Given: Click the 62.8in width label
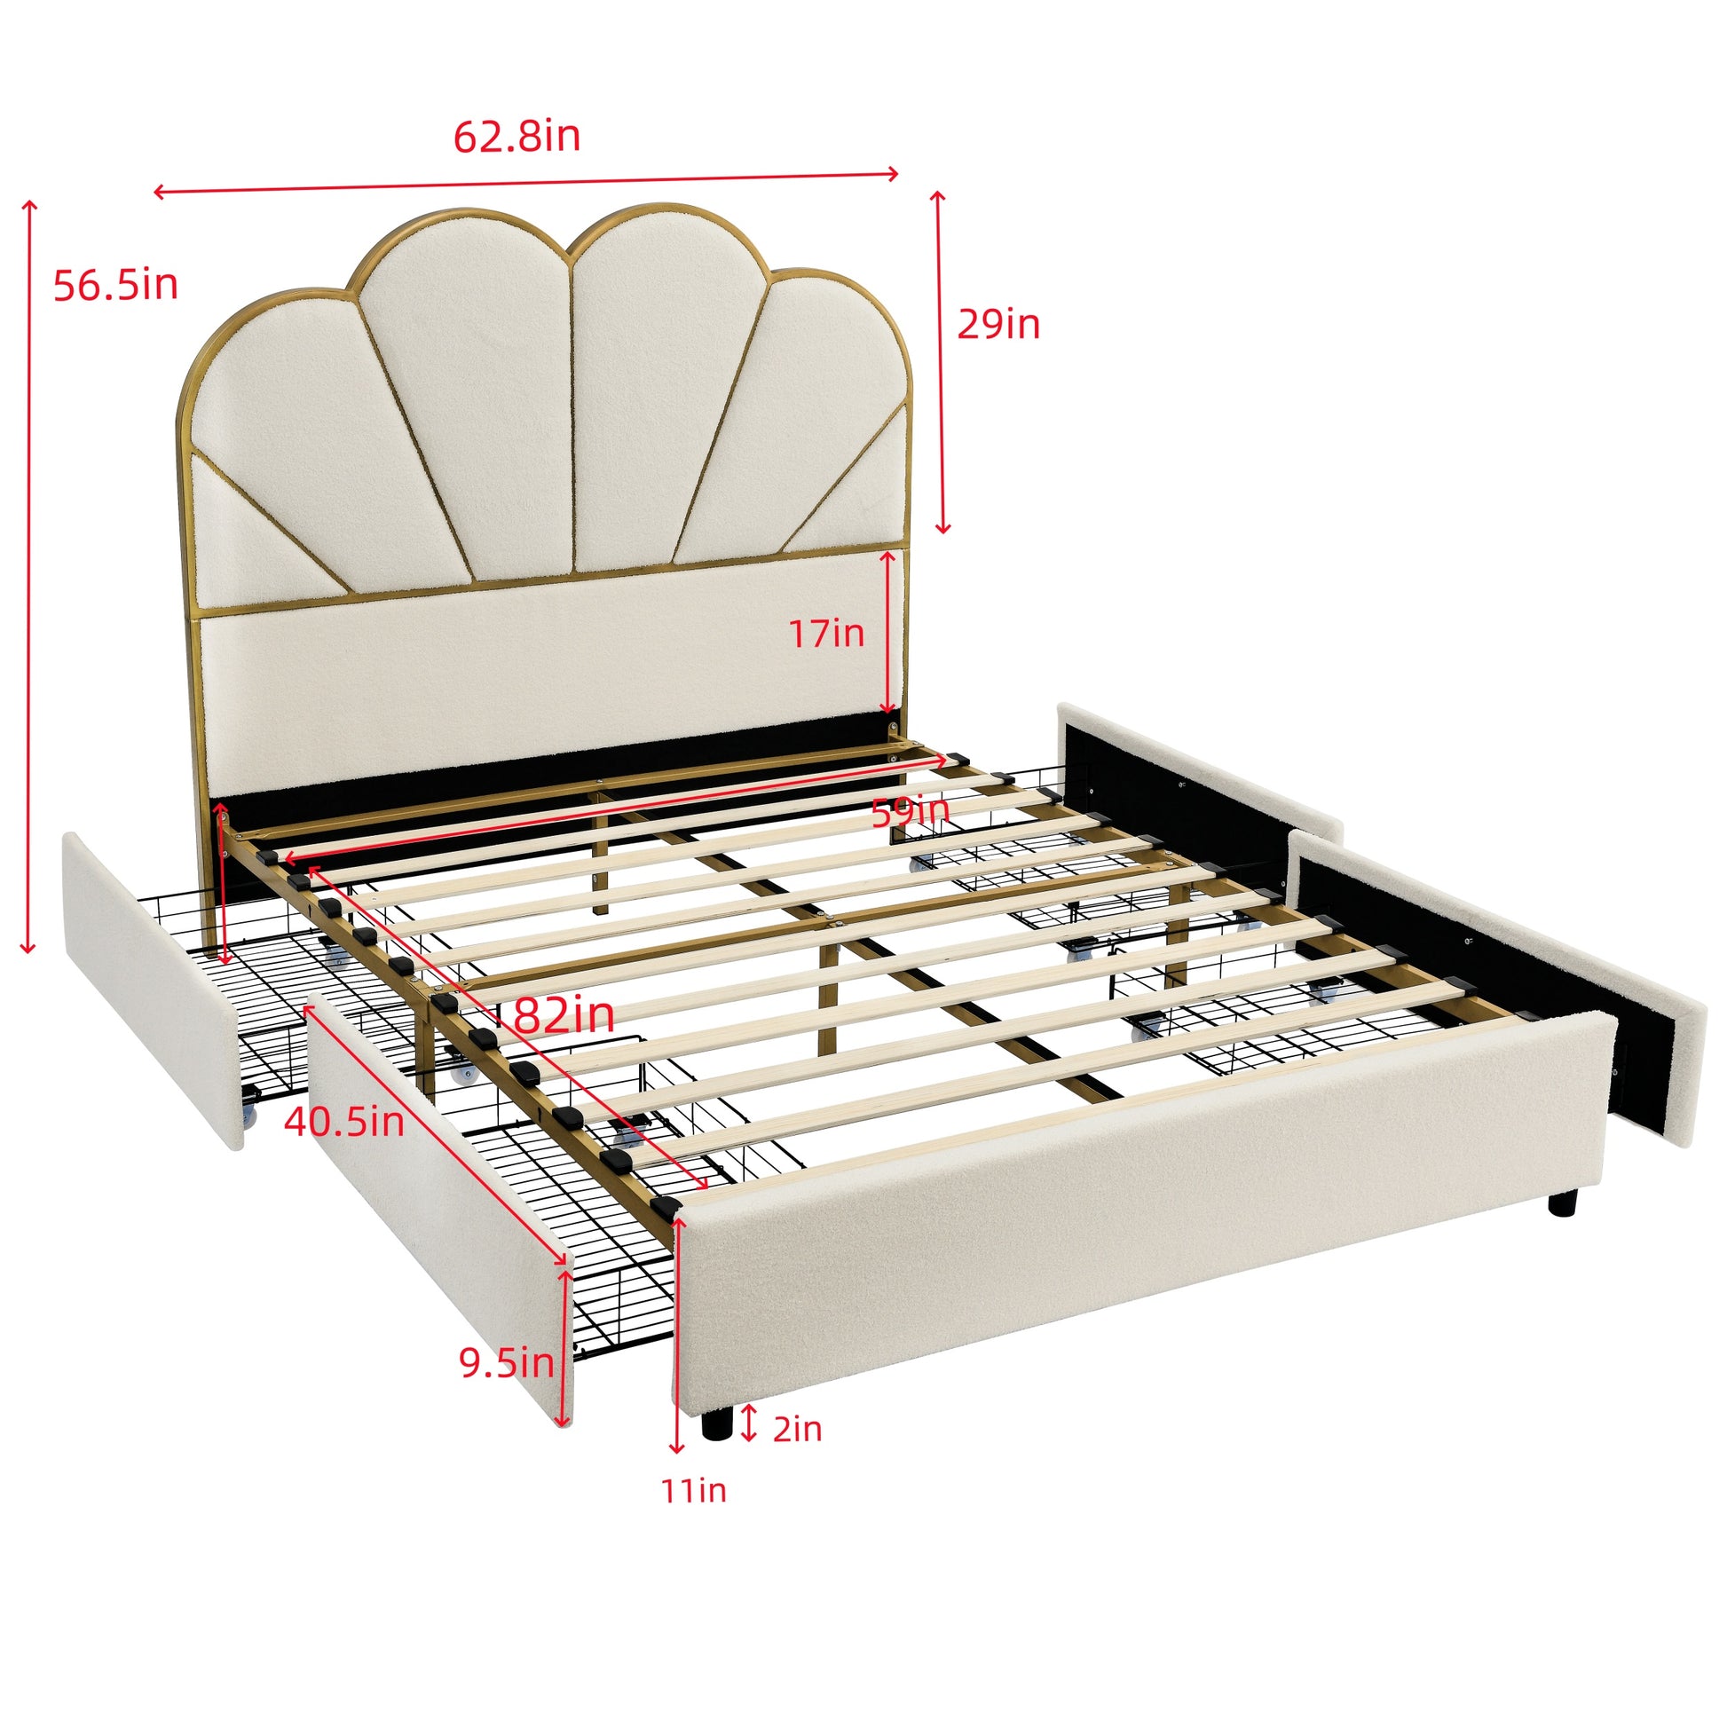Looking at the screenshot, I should tap(517, 137).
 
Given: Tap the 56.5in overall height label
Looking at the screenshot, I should tap(115, 285).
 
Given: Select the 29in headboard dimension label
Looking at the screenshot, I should tap(998, 324).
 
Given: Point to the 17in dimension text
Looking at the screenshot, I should tap(826, 634).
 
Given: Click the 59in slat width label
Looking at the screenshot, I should tap(910, 812).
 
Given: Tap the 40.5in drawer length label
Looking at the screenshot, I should tap(344, 1122).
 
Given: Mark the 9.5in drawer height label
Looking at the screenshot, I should tap(506, 1362).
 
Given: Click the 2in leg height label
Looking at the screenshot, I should tap(796, 1429).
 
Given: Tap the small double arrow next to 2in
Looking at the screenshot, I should tap(749, 1423).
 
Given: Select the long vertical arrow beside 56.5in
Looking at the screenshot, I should tap(29, 577).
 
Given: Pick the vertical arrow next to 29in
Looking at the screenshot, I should tap(941, 362).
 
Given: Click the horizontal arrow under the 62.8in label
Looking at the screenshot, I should tap(525, 182).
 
